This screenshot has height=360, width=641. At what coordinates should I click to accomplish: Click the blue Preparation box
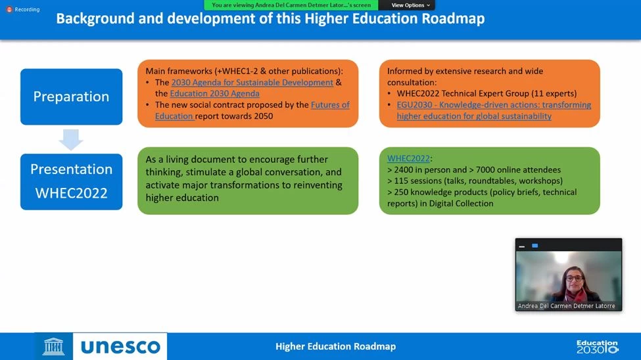[71, 97]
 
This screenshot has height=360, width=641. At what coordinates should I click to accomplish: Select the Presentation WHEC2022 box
[71, 182]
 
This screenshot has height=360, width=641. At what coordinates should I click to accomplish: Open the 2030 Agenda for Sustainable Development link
[252, 82]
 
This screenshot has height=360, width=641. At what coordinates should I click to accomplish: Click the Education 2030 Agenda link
[214, 93]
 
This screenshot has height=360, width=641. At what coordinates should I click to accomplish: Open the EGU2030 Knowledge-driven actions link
[494, 110]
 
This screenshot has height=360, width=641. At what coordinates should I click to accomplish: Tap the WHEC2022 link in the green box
[408, 158]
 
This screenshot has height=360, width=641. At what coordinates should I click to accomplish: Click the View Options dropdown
[410, 5]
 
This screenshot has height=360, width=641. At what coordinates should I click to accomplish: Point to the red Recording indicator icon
[9, 9]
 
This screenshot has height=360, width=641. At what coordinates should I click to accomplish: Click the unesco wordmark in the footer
[120, 347]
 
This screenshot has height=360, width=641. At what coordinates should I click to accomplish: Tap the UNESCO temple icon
[53, 346]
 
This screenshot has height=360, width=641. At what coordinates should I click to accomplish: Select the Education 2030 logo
[597, 346]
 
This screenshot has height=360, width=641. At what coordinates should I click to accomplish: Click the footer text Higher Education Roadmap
[336, 346]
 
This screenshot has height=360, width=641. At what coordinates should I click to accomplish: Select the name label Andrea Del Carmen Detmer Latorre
[566, 306]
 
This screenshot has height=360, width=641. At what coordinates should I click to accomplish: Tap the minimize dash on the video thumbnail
[521, 246]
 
